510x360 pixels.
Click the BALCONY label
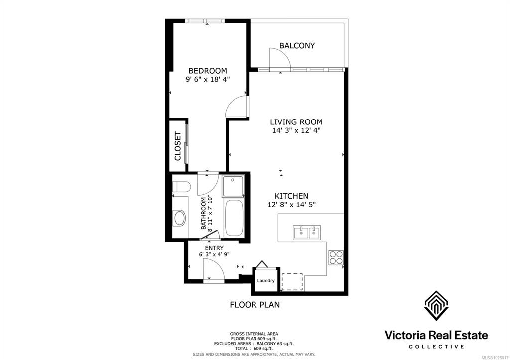297,45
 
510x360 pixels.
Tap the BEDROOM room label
208,71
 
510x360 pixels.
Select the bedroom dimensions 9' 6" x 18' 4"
208,79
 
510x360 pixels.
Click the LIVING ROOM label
296,122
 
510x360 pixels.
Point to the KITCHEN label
291,196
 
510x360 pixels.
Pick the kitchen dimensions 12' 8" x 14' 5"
292,205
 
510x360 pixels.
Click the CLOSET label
178,146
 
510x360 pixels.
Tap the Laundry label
266,281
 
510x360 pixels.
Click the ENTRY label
214,248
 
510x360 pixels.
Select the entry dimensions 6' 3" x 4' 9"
214,254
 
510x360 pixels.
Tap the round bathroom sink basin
179,218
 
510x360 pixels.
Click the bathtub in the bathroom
233,218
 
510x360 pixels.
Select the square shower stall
233,186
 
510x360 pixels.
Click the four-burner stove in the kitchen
336,257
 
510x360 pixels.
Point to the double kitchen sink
307,233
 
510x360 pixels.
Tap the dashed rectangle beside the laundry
292,282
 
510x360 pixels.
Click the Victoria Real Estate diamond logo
436,306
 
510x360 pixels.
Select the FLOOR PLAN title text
255,305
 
